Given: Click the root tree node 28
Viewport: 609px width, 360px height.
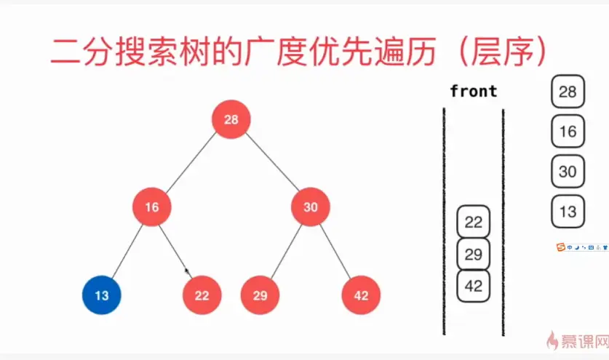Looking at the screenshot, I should coord(231,119).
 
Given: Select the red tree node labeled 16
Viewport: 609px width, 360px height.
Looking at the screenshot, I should coord(151,207).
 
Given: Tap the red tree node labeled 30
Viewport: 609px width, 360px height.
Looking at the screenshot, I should coord(311,207).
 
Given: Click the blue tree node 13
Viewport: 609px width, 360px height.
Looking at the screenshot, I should coord(101,295).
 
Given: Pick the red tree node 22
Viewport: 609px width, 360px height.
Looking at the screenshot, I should coord(202,295).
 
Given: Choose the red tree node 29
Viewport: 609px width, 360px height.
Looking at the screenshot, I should coord(260,295).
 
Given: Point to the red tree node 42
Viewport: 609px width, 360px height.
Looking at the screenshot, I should coord(361,295).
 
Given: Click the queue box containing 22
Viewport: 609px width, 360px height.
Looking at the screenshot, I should coord(474,222).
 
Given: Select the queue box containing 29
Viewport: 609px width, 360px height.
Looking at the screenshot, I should coord(474,254).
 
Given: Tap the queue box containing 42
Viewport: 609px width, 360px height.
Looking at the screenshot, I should coord(474,286).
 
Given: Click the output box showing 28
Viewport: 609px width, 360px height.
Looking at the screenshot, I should coord(568,92).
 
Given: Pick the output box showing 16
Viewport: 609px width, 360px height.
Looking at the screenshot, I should coord(568,132).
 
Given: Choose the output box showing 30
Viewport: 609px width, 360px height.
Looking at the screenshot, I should coord(568,172).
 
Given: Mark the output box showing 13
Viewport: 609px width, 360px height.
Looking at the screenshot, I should coord(568,212).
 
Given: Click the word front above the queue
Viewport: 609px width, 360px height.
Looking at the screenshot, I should coord(474,92).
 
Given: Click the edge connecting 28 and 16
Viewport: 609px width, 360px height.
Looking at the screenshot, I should coord(191,163).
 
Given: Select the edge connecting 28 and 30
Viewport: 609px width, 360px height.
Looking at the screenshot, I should coord(271,163).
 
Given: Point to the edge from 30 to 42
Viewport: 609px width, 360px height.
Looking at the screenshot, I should coord(336,251).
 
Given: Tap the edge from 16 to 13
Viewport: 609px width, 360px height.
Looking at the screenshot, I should coord(127,251).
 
